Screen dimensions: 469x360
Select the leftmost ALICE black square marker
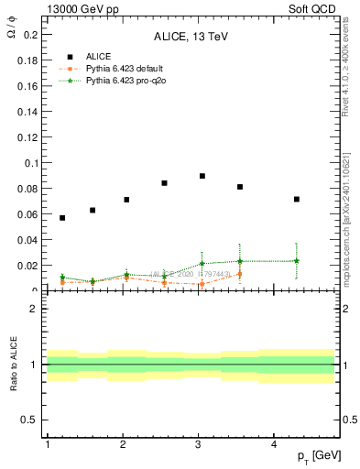point(62,218)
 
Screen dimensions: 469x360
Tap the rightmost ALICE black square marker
point(297,199)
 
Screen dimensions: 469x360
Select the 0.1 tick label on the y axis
point(29,163)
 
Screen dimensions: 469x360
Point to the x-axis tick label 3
point(199,444)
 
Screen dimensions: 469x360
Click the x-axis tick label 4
point(275,444)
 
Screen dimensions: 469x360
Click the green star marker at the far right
point(297,261)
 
